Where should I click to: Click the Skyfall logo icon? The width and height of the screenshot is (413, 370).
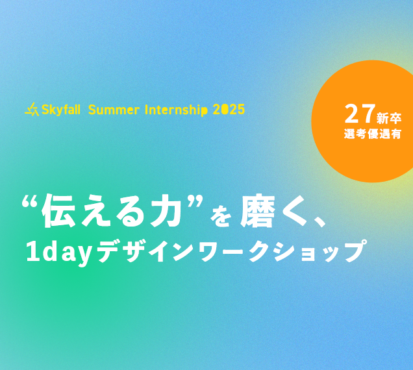tap(32, 110)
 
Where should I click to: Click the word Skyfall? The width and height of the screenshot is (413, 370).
tap(61, 110)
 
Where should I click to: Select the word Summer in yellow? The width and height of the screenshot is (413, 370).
tap(114, 110)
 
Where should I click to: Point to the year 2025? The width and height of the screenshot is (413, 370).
tap(229, 110)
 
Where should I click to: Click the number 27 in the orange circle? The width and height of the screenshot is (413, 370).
tap(360, 114)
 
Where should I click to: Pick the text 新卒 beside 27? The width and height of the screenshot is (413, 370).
tap(389, 118)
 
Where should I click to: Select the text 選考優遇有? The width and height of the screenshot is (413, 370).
tap(373, 134)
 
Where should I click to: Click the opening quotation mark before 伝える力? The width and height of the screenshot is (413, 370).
tap(29, 203)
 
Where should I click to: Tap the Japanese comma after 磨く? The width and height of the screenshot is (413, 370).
tap(319, 221)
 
